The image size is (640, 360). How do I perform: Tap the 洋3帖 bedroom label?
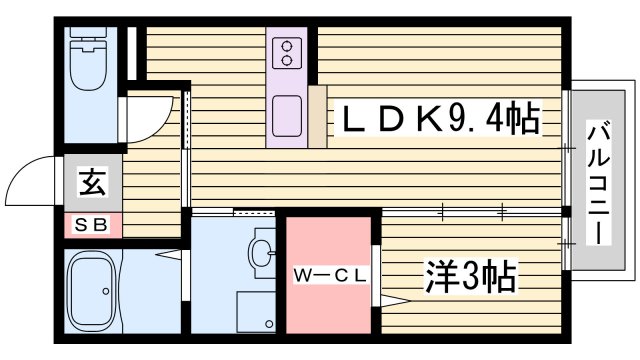click(x=469, y=274)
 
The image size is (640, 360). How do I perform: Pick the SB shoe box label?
click(x=93, y=225)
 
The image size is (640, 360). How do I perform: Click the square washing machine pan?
click(x=256, y=311)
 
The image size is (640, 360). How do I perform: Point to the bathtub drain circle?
click(x=106, y=292)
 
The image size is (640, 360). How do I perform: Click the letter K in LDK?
click(x=425, y=121)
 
